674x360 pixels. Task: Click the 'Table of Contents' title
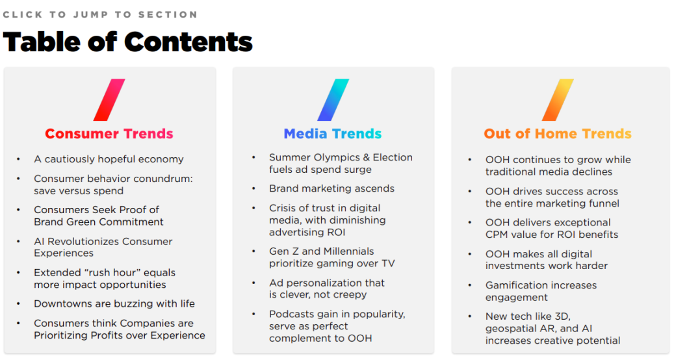tap(127, 42)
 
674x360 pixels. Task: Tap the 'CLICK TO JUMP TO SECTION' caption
tap(100, 14)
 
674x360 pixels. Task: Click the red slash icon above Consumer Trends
tap(109, 99)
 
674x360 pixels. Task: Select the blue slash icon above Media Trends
tap(333, 99)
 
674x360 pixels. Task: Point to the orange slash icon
tap(558, 99)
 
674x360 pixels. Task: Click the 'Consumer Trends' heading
tap(109, 134)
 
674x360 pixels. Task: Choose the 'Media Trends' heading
tap(333, 134)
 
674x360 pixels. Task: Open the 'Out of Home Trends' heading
tap(558, 134)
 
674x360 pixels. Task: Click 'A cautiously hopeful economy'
tap(109, 159)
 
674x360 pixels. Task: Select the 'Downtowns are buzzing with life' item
tap(114, 303)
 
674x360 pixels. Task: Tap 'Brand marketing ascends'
tap(332, 188)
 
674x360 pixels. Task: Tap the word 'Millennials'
tap(348, 251)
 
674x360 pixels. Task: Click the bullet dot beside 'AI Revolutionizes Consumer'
tap(18, 242)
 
